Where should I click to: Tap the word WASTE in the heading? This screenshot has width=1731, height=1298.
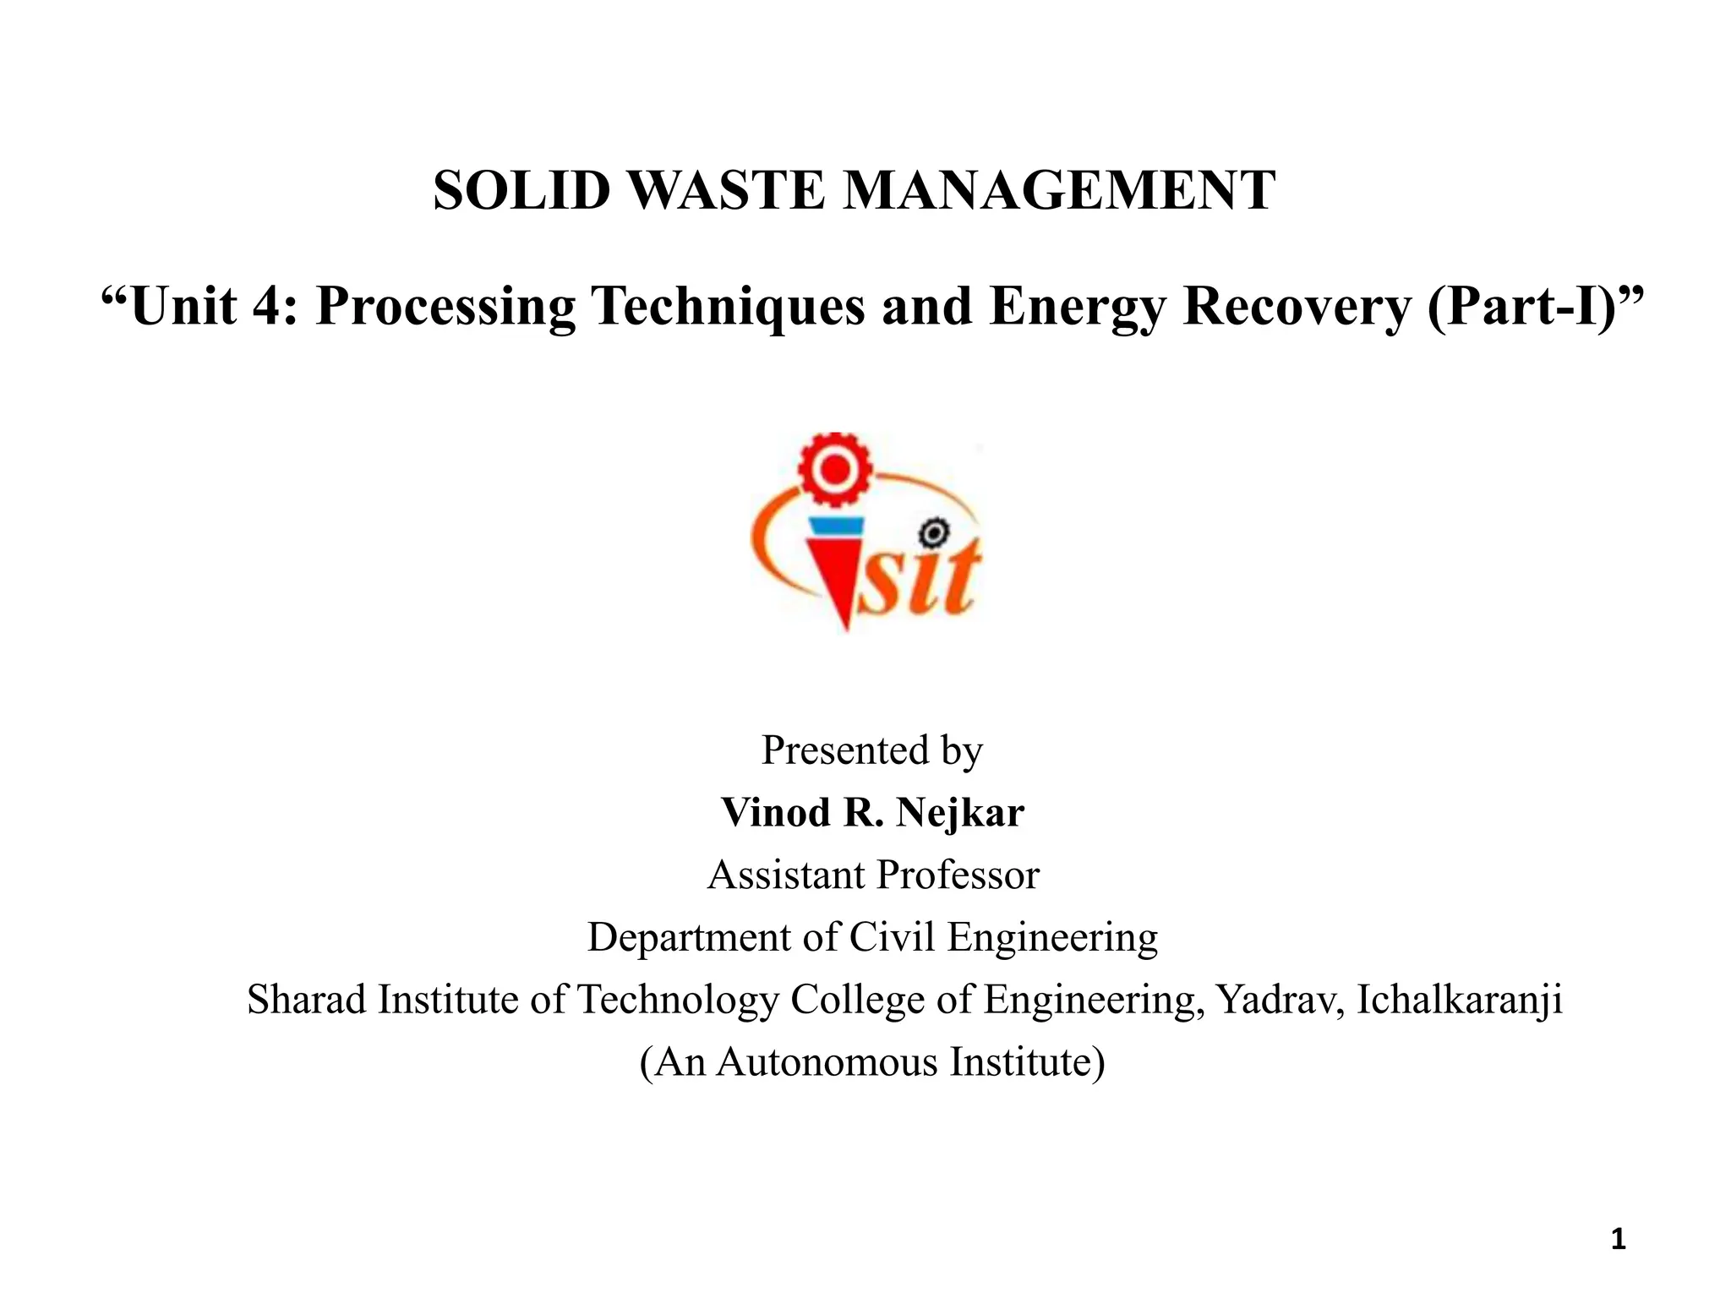[x=727, y=190]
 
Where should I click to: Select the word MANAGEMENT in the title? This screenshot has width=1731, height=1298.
[x=1059, y=190]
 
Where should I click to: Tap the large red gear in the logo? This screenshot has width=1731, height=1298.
[x=835, y=470]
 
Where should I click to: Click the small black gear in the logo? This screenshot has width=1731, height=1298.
[x=933, y=533]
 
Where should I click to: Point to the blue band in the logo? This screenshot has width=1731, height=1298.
[x=835, y=526]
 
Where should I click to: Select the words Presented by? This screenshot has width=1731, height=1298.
[x=871, y=750]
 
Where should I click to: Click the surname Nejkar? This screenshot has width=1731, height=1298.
[x=959, y=813]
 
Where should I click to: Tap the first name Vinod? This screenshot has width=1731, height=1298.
[x=776, y=813]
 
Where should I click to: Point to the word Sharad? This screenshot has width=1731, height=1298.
[x=307, y=1000]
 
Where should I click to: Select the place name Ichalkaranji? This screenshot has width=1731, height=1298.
[x=1460, y=1000]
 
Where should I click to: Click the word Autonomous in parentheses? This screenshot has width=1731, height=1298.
[x=827, y=1062]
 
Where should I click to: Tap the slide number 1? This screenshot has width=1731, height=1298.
[x=1618, y=1240]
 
